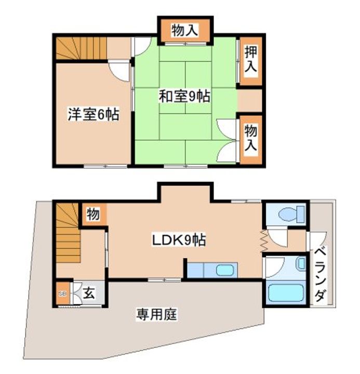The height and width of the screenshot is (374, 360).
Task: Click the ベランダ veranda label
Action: pyautogui.click(x=321, y=275)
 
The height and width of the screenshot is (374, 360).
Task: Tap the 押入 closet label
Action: pyautogui.click(x=251, y=60)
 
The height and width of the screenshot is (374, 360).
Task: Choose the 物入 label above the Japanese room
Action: pyautogui.click(x=184, y=31)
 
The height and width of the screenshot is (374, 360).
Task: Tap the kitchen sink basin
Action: pyautogui.click(x=225, y=271)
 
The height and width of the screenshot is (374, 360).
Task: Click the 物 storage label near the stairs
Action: pyautogui.click(x=94, y=213)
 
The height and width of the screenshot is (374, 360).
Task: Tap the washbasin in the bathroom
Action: pyautogui.click(x=301, y=263)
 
